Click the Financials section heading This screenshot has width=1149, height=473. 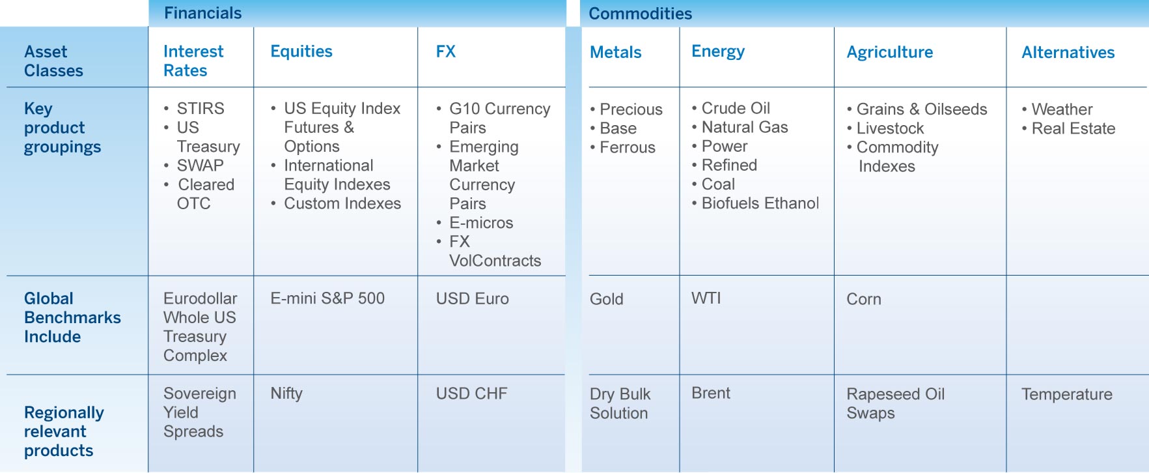pyautogui.click(x=202, y=13)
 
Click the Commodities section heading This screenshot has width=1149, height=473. pyautogui.click(x=640, y=14)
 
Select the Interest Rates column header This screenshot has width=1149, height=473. pyautogui.click(x=193, y=61)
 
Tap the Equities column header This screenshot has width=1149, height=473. pyautogui.click(x=301, y=51)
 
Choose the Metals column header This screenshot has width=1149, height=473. pyautogui.click(x=616, y=52)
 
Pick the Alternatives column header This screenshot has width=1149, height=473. pyautogui.click(x=1068, y=52)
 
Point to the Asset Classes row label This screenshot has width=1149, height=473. pyautogui.click(x=53, y=61)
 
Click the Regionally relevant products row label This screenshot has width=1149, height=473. pyautogui.click(x=64, y=431)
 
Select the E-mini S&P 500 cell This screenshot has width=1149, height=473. pyautogui.click(x=327, y=298)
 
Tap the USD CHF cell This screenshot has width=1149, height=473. pyautogui.click(x=471, y=394)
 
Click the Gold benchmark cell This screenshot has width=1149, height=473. pyautogui.click(x=607, y=299)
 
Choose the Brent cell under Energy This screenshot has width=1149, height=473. pyautogui.click(x=711, y=393)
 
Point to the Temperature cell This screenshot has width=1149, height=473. pyautogui.click(x=1067, y=394)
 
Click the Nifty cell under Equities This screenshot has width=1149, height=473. pyautogui.click(x=286, y=394)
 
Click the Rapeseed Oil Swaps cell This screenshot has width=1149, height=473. pyautogui.click(x=895, y=403)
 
